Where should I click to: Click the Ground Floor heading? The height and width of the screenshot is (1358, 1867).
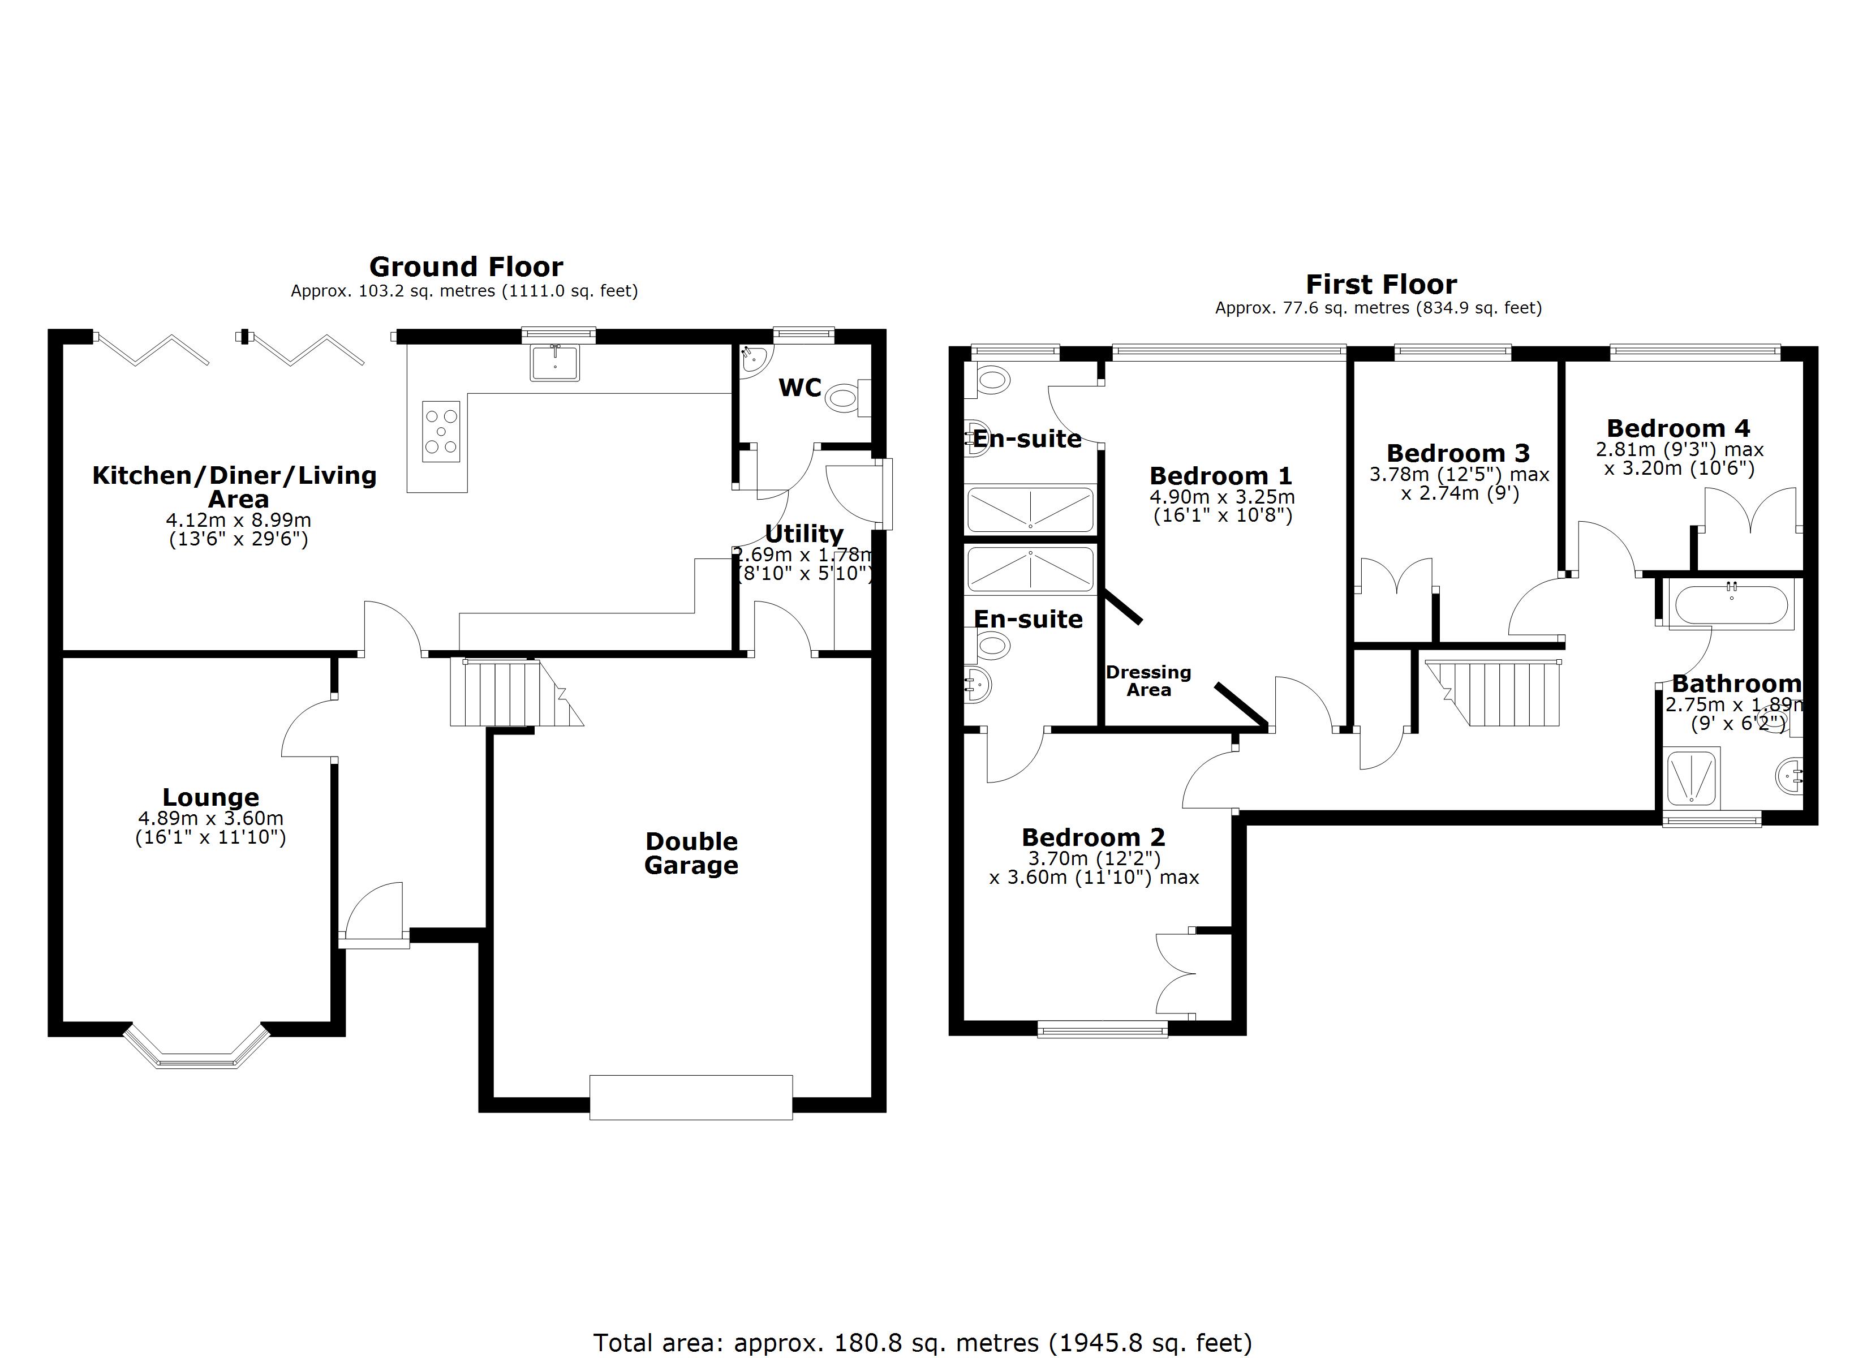(466, 267)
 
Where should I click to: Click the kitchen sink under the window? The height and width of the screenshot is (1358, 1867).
(555, 362)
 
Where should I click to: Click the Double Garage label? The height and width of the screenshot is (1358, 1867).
(691, 853)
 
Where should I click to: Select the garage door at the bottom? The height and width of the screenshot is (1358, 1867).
(691, 1097)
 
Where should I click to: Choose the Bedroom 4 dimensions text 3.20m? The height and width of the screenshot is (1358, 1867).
(1679, 469)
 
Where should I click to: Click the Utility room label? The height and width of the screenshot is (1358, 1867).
(805, 534)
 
